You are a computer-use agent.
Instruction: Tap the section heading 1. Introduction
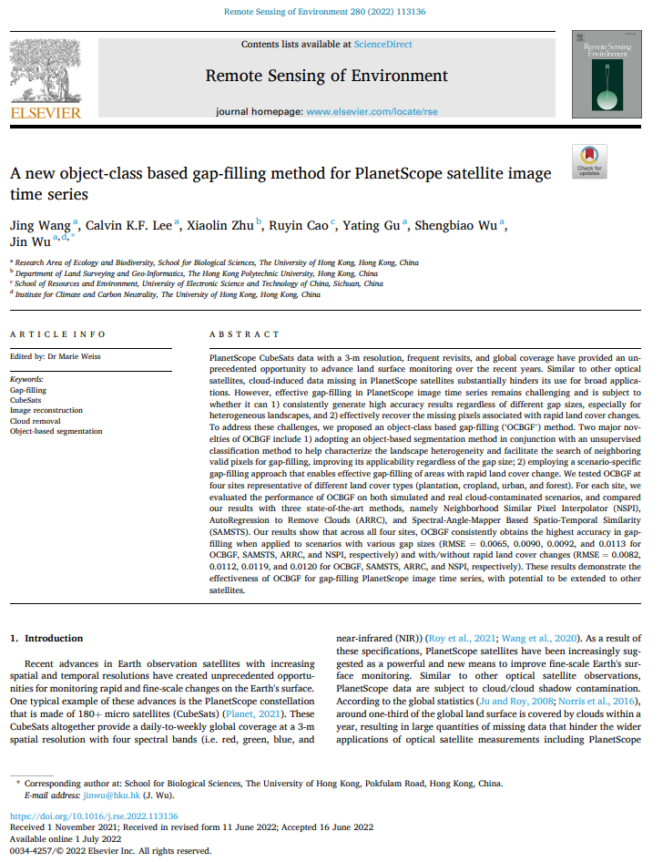pyautogui.click(x=53, y=639)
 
